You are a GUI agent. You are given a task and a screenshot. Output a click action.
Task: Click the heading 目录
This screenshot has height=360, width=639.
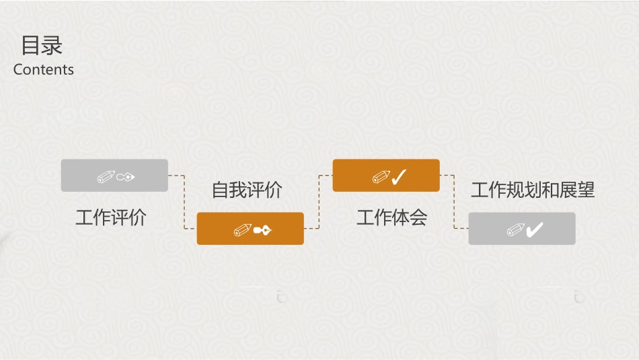42,46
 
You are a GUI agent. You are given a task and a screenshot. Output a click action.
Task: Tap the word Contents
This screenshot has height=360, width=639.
44,69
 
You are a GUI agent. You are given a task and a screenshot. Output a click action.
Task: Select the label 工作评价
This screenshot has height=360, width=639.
111,217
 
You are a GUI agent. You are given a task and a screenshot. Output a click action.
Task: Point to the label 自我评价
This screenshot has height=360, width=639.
247,190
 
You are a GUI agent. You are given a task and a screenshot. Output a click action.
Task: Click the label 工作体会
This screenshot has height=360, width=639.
392,217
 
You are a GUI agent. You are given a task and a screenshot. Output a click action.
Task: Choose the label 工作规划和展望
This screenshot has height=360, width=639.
533,190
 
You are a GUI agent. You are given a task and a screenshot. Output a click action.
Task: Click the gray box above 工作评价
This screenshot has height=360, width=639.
114,175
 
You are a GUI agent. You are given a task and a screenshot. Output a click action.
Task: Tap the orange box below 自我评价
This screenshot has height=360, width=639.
250,228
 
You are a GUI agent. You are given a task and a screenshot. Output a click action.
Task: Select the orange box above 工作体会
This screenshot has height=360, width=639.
386,175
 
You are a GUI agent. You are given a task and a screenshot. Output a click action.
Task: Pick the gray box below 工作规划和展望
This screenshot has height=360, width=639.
522,228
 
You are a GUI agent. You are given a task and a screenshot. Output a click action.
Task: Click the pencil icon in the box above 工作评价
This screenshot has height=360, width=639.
106,177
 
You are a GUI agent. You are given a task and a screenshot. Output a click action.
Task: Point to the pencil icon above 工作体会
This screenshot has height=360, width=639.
381,177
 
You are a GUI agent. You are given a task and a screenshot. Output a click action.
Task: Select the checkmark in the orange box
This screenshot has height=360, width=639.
399,177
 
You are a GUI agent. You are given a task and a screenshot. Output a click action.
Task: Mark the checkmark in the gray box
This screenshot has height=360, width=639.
535,230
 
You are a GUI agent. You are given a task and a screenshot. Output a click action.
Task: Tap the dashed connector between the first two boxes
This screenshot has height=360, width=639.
184,202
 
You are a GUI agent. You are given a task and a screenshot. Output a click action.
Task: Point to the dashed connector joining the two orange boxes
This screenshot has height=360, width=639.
318,202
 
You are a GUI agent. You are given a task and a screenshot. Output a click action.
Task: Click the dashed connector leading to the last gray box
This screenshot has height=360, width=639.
455,202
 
